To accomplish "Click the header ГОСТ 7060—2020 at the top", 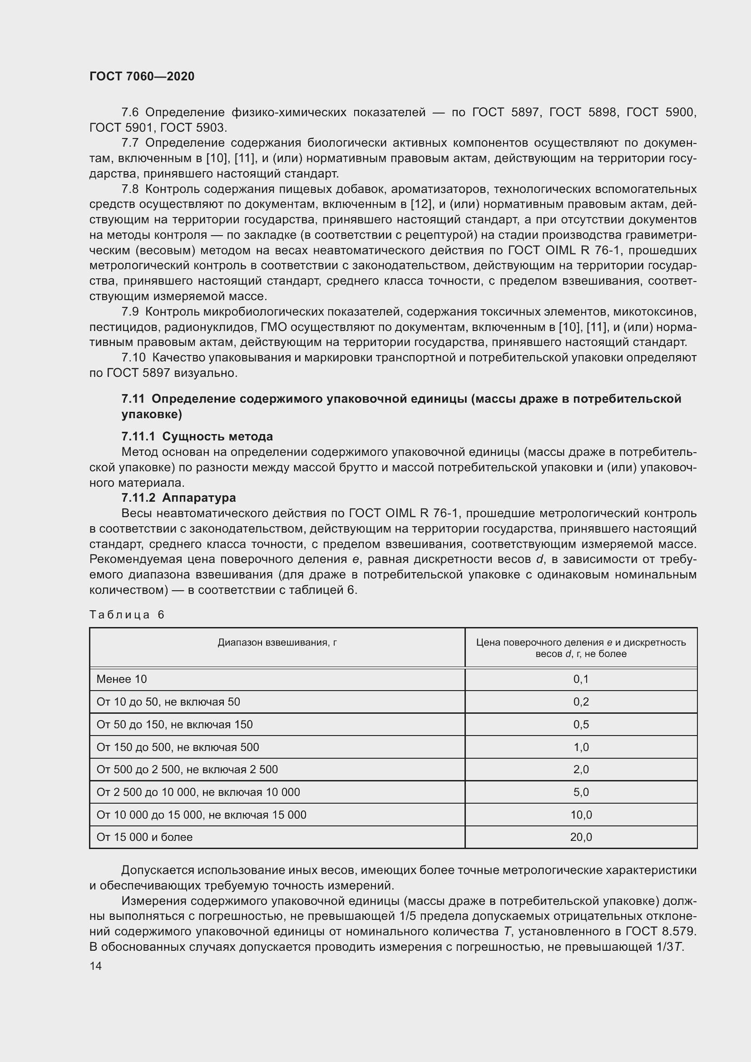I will [142, 76].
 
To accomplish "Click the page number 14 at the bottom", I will [96, 966].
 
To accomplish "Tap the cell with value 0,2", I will [581, 701].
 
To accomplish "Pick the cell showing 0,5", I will [581, 724].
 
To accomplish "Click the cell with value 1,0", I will [581, 747].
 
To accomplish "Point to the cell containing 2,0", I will [581, 769].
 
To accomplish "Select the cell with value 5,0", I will [581, 792].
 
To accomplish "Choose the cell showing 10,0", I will [581, 815].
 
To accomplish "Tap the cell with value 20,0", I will [581, 837].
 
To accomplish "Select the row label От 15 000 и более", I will [144, 837].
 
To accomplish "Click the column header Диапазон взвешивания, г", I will [277, 642].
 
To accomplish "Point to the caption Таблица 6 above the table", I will [127, 614].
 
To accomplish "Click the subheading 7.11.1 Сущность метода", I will [197, 436].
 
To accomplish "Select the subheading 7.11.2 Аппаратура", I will [178, 498].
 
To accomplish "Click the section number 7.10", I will [133, 357].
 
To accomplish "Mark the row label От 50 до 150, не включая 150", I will [174, 724].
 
